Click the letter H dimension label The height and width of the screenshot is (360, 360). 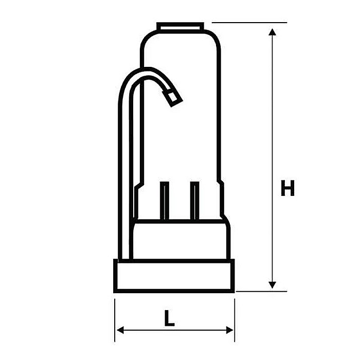287,188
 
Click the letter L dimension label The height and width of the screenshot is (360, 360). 169,319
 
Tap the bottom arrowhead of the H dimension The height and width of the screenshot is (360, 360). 273,284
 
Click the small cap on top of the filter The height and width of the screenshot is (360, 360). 179,26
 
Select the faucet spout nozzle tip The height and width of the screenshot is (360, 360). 172,97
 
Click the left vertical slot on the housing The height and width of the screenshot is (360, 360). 164,201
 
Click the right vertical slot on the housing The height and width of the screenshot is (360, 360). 194,201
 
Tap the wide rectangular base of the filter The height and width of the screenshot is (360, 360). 174,276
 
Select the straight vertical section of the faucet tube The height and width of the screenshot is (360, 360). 125,170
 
